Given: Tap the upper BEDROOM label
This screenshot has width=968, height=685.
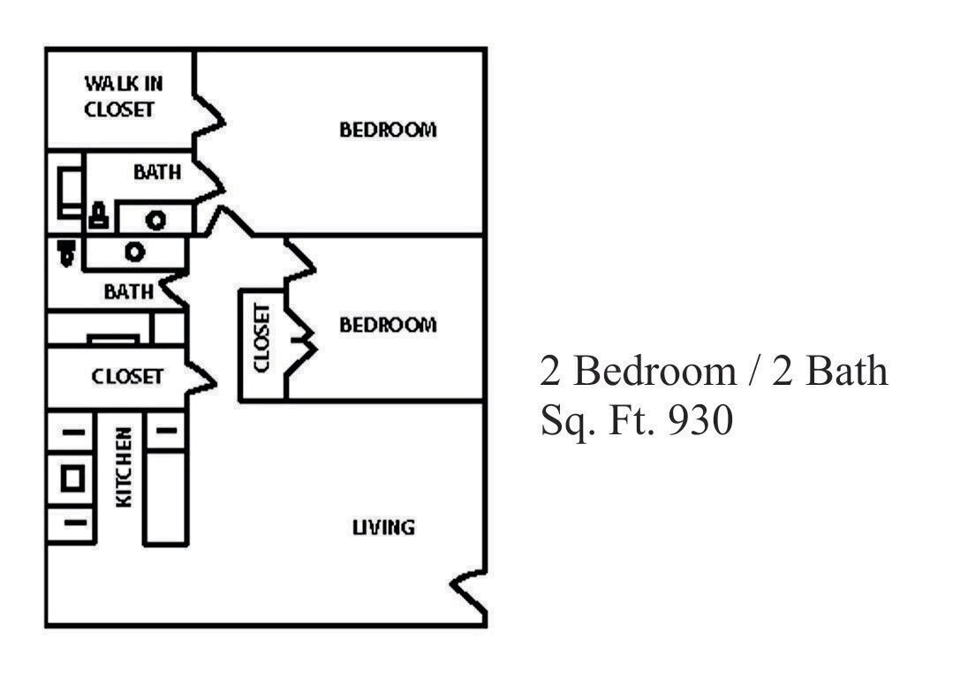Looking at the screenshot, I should tap(388, 131).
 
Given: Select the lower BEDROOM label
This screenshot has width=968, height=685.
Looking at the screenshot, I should tap(388, 325).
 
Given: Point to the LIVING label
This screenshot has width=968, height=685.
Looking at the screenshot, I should tap(383, 528).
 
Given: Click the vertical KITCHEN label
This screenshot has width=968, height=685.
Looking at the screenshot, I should tap(125, 467).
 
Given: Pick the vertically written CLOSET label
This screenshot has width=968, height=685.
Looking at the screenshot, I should tap(261, 338).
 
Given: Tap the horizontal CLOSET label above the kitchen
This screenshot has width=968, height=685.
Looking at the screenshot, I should tap(127, 377).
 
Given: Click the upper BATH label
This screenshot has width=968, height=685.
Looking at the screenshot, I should tap(156, 172).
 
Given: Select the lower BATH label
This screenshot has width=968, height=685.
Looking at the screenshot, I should tap(128, 291).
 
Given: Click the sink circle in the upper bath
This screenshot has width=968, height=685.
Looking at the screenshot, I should tap(156, 220).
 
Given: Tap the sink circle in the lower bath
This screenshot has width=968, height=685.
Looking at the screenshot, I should tap(134, 252).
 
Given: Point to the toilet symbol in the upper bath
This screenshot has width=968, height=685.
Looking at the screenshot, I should tap(98, 215).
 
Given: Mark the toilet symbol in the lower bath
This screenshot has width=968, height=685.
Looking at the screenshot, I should tap(66, 252).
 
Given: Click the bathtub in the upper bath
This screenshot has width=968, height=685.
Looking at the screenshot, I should tap(68, 190).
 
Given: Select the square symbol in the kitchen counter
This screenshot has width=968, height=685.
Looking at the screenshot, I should tap(72, 478).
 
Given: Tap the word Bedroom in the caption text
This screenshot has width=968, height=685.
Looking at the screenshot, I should tap(654, 371).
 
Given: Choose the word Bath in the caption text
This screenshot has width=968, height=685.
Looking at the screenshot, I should tap(843, 371).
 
